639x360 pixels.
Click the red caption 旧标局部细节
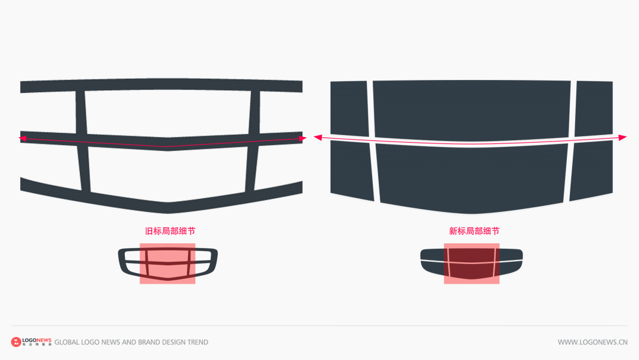click(170, 231)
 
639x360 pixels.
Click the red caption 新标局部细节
click(474, 231)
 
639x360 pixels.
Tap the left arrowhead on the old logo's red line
click(23, 138)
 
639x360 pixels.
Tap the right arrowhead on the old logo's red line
click(303, 139)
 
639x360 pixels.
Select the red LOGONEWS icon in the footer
click(16, 342)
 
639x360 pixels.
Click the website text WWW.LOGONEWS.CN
click(592, 342)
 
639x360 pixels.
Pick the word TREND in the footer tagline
click(197, 342)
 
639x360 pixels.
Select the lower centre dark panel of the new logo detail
click(471, 178)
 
